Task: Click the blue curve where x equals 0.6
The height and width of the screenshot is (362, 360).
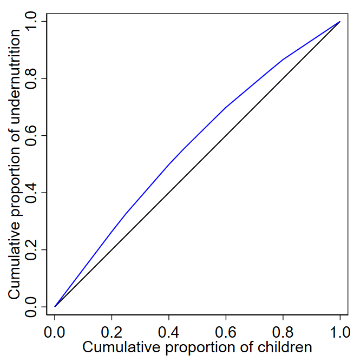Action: click(x=226, y=107)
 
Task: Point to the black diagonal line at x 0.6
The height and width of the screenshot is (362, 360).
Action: click(x=226, y=135)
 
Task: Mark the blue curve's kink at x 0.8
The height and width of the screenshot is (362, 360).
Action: click(x=283, y=60)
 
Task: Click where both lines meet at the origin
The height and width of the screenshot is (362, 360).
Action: click(x=55, y=306)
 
